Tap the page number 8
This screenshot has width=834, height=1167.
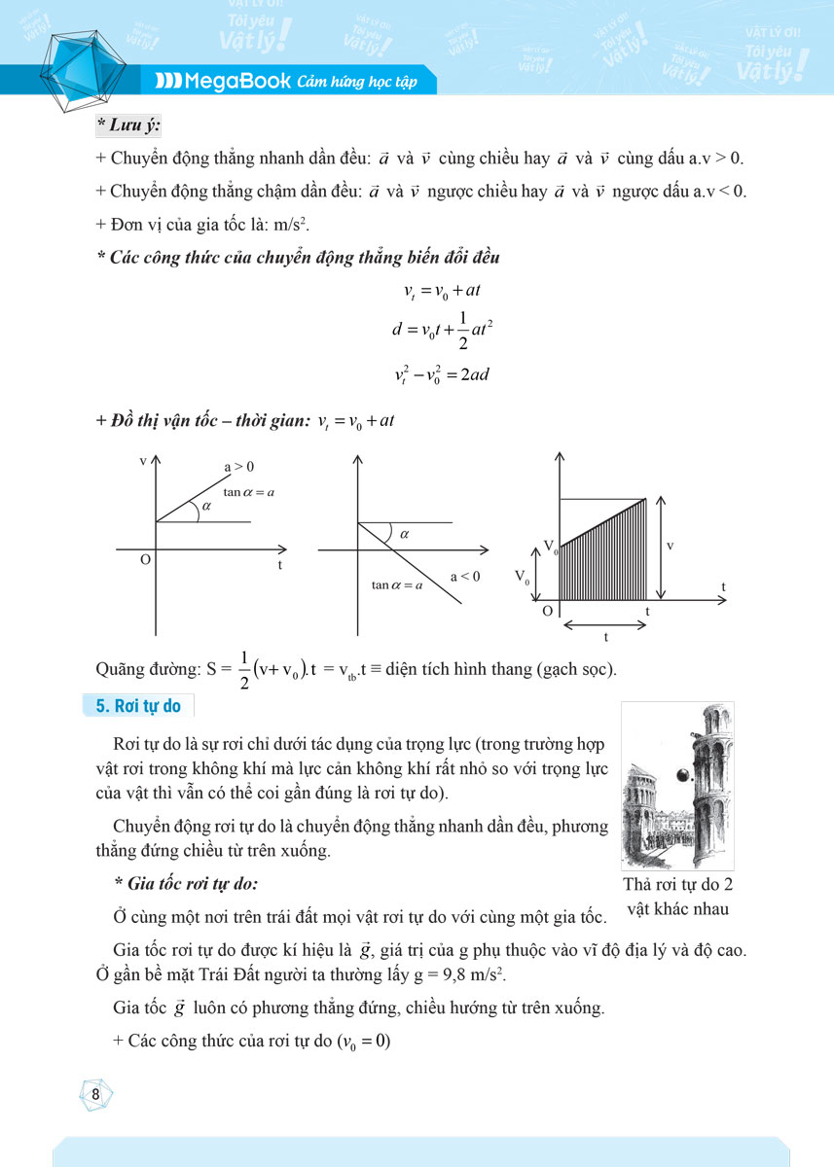coord(95,1093)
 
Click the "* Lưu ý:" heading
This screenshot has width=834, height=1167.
coord(128,124)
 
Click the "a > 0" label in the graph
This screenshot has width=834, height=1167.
coord(239,467)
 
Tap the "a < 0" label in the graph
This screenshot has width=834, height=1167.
coord(465,577)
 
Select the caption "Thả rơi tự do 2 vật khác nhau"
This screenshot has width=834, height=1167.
coord(678,897)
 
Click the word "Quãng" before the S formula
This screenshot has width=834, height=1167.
coord(122,670)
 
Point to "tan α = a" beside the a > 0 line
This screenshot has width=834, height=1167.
coord(249,492)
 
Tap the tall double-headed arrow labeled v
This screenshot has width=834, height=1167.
coord(661,548)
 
